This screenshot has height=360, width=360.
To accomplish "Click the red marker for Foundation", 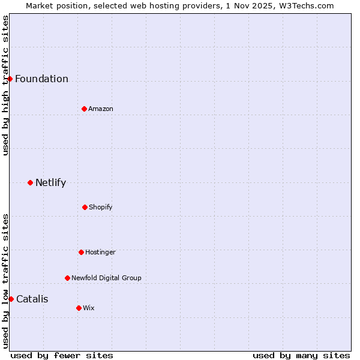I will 10,79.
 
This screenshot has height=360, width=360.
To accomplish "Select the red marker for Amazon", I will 84,109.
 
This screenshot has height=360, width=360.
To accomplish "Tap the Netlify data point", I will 30,182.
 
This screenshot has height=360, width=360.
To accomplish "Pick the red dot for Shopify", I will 85,207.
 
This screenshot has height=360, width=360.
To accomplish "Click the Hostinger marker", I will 81,252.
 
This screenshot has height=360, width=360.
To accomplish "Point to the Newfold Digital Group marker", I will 67,278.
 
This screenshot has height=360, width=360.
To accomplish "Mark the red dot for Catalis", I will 11,299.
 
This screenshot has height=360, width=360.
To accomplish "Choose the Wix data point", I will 79,308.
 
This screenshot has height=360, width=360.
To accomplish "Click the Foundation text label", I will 41,79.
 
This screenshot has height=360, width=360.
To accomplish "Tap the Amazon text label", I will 101,109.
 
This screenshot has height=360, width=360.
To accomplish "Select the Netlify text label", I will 50,183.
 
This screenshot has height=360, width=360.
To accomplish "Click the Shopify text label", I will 101,208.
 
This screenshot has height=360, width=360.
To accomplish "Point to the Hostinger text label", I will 100,253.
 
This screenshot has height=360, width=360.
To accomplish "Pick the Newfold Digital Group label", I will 106,278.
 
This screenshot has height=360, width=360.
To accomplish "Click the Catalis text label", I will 32,299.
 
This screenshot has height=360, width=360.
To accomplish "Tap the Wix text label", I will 89,308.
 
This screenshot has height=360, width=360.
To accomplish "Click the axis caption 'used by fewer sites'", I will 62,355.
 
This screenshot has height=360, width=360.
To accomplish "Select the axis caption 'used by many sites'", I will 301,355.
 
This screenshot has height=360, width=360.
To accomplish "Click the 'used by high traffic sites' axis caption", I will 5,85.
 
